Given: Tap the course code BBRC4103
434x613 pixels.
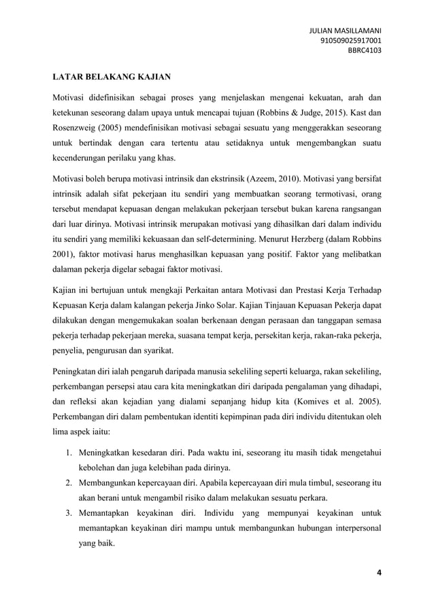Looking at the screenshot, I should [365, 50].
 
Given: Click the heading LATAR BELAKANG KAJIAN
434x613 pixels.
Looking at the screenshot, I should [112, 76].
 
